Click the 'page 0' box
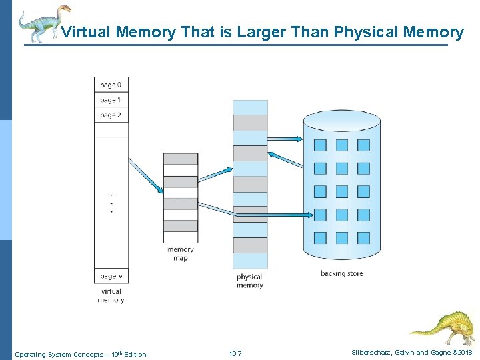[111, 85]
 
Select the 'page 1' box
[111, 100]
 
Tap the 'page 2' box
[111, 115]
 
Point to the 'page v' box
[111, 276]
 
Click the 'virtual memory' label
[111, 295]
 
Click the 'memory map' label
[181, 254]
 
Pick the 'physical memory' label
[249, 281]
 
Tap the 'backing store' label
[341, 273]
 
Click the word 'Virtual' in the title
[86, 32]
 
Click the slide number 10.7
[235, 353]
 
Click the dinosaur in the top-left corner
[44, 23]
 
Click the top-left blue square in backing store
[320, 145]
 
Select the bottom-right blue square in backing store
[363, 237]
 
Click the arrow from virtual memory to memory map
[145, 175]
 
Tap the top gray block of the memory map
[181, 159]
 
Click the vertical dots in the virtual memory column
[111, 203]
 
